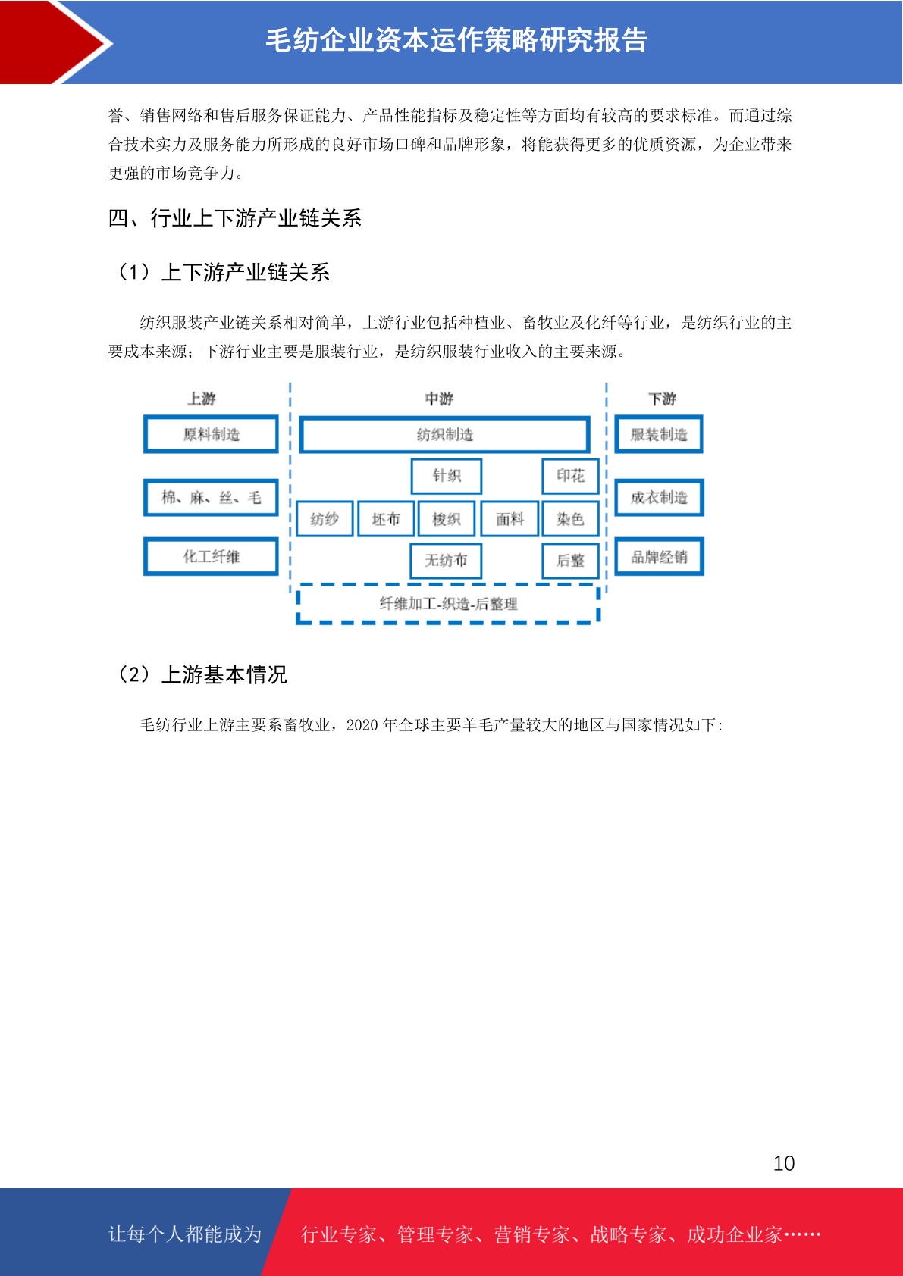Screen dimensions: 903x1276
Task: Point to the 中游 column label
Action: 439,398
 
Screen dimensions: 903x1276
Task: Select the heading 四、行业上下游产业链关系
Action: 235,218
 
